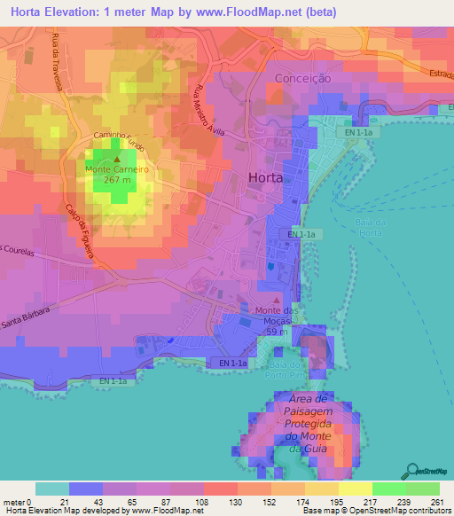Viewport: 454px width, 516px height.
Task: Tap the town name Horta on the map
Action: (x=265, y=176)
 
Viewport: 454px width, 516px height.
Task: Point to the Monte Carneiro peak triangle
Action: (x=116, y=160)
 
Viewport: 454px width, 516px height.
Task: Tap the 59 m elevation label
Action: (x=278, y=331)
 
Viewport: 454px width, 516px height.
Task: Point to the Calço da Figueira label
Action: (x=79, y=231)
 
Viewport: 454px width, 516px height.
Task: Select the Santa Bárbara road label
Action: (x=28, y=314)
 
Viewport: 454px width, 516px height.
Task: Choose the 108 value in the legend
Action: (x=203, y=503)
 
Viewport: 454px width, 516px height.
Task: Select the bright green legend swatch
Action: (x=388, y=489)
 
